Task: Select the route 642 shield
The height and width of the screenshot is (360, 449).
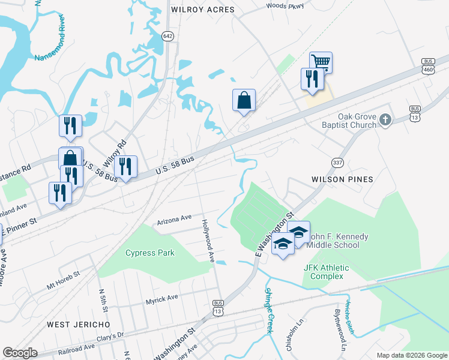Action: tap(168, 37)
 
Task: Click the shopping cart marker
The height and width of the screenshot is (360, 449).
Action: tap(321, 62)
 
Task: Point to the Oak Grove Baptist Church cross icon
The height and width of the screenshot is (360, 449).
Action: tap(385, 121)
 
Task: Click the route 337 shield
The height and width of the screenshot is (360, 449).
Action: tap(337, 163)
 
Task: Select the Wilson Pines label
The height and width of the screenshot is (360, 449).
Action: tap(342, 179)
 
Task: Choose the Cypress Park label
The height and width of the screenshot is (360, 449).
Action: tap(150, 253)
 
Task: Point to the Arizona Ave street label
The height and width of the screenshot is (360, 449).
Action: tap(174, 220)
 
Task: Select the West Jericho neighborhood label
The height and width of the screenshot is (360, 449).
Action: tap(79, 324)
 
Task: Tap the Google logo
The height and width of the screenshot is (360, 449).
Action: tap(20, 353)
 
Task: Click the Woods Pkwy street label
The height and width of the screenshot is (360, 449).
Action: tap(285, 6)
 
